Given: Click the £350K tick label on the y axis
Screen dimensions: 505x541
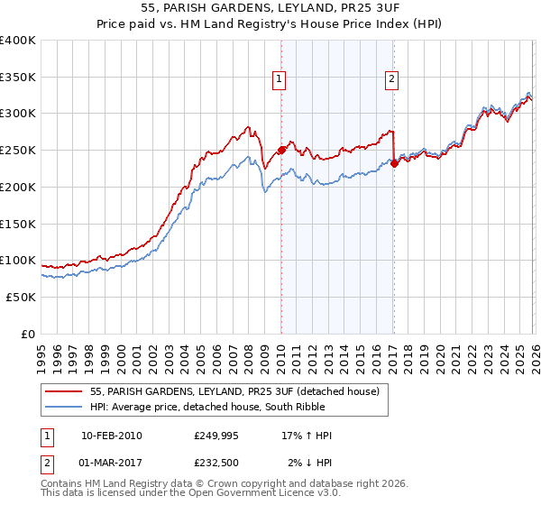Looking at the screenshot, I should [18, 78].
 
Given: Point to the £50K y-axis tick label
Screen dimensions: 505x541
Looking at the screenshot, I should [21, 297].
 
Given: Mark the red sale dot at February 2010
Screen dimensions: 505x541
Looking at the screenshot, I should [281, 150].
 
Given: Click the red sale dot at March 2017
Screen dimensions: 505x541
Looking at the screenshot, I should [394, 163].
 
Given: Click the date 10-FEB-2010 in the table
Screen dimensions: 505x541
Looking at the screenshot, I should [112, 436].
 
